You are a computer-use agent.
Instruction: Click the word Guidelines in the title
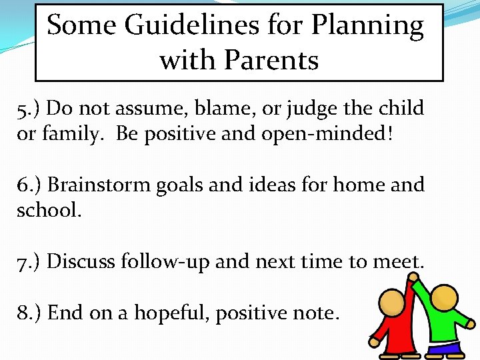(176, 27)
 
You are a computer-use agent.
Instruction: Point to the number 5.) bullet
(29, 108)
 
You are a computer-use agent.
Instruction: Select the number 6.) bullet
(29, 185)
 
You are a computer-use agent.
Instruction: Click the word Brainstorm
(99, 185)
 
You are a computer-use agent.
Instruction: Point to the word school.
(49, 210)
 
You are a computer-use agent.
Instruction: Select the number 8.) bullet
(29, 312)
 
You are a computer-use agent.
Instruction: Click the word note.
(314, 313)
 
